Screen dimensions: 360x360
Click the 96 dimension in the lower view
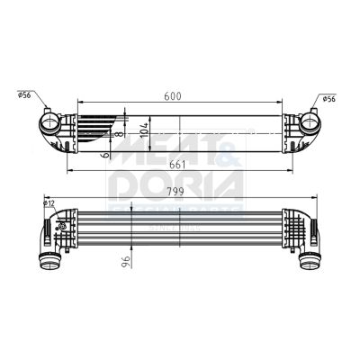pyautogui.click(x=127, y=262)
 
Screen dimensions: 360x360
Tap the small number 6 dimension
pyautogui.click(x=107, y=154)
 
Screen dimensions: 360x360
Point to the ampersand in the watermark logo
pyautogui.click(x=230, y=150)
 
